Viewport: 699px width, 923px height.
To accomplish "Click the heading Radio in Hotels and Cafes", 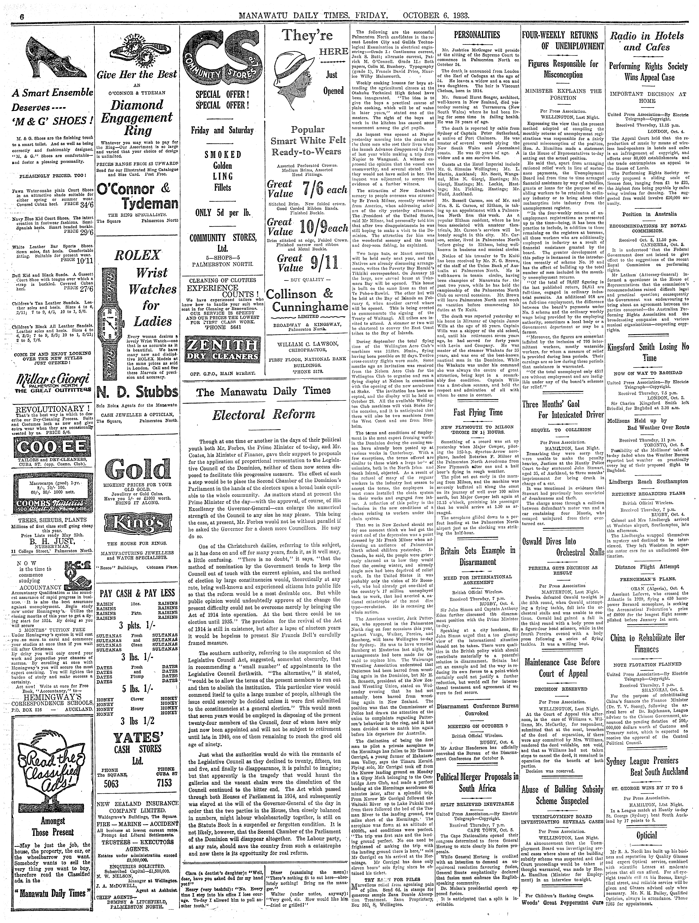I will (x=647, y=41).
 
